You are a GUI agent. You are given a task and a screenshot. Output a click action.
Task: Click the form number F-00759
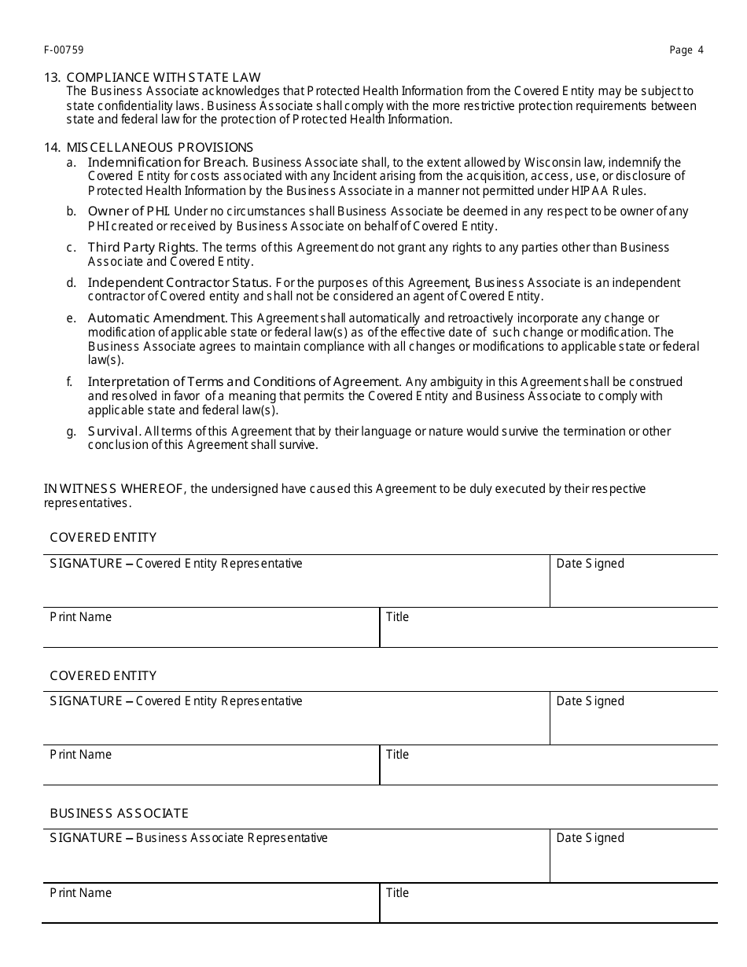[x=64, y=50]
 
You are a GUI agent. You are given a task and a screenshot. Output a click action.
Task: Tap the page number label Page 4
[x=686, y=50]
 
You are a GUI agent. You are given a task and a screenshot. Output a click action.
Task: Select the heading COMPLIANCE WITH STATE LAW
[x=164, y=77]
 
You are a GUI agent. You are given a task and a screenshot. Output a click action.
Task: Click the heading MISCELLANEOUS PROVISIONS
[x=160, y=147]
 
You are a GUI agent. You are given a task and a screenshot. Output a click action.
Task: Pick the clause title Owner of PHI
[x=128, y=211]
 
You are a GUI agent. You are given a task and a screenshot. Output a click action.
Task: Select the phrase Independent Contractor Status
[x=179, y=282]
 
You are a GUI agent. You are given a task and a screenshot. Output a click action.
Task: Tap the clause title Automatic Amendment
[x=157, y=318]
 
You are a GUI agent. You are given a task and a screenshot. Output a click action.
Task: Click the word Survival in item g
[x=114, y=431]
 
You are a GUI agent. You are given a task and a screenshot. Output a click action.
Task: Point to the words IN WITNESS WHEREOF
[x=115, y=489]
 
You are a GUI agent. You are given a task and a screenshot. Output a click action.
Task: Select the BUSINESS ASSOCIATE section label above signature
[x=119, y=813]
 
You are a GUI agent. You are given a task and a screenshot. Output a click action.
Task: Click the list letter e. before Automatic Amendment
[x=72, y=318]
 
